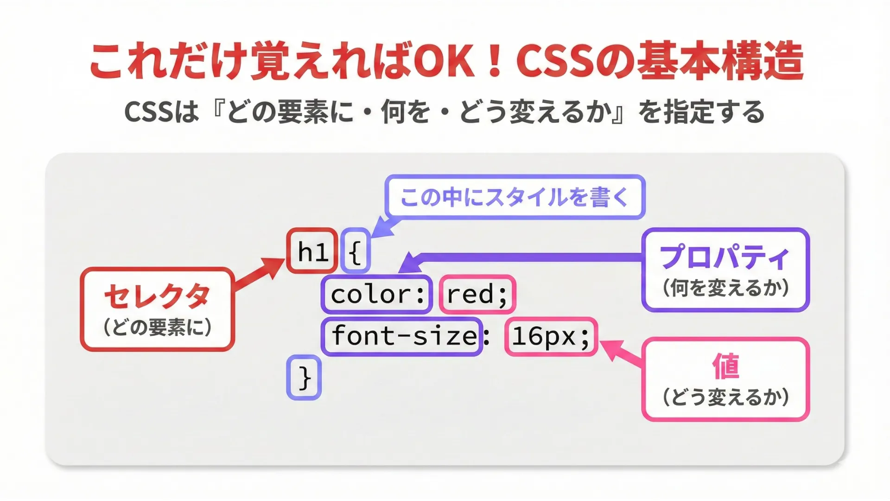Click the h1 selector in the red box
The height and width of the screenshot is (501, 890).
point(312,251)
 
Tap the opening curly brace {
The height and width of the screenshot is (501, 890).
point(355,251)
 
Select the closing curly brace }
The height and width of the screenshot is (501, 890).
point(304,378)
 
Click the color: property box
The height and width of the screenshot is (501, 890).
point(377,294)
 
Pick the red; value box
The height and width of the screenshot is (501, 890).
point(477,294)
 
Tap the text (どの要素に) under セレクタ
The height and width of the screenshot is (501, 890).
point(157,328)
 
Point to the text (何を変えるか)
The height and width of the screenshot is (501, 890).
point(725,288)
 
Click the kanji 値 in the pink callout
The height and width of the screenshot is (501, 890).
point(725,366)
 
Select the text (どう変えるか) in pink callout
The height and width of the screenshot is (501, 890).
point(725,397)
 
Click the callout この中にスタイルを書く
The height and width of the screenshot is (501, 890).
point(515,197)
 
